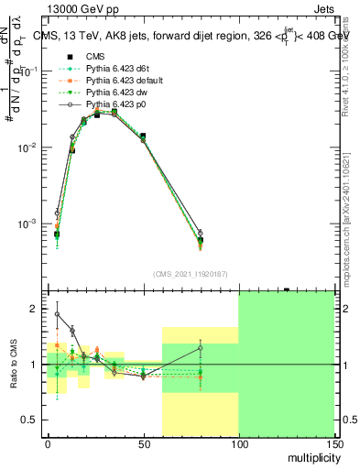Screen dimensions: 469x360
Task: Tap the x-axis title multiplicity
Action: [x=311, y=456]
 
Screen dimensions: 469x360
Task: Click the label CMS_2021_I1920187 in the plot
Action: [x=191, y=274]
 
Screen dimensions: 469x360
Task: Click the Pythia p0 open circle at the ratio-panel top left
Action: [x=57, y=314]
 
